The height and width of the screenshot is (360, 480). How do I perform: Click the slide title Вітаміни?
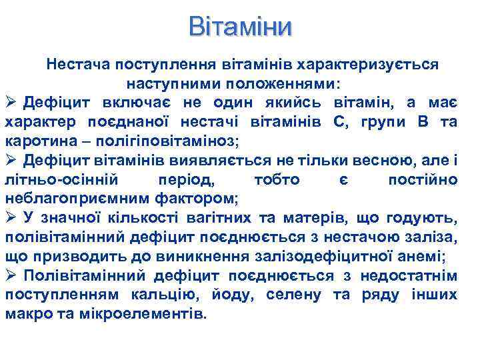[x=240, y=27]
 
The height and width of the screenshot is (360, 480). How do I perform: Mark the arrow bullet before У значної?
[x=11, y=217]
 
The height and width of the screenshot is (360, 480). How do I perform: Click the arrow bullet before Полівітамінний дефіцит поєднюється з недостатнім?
[x=11, y=275]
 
